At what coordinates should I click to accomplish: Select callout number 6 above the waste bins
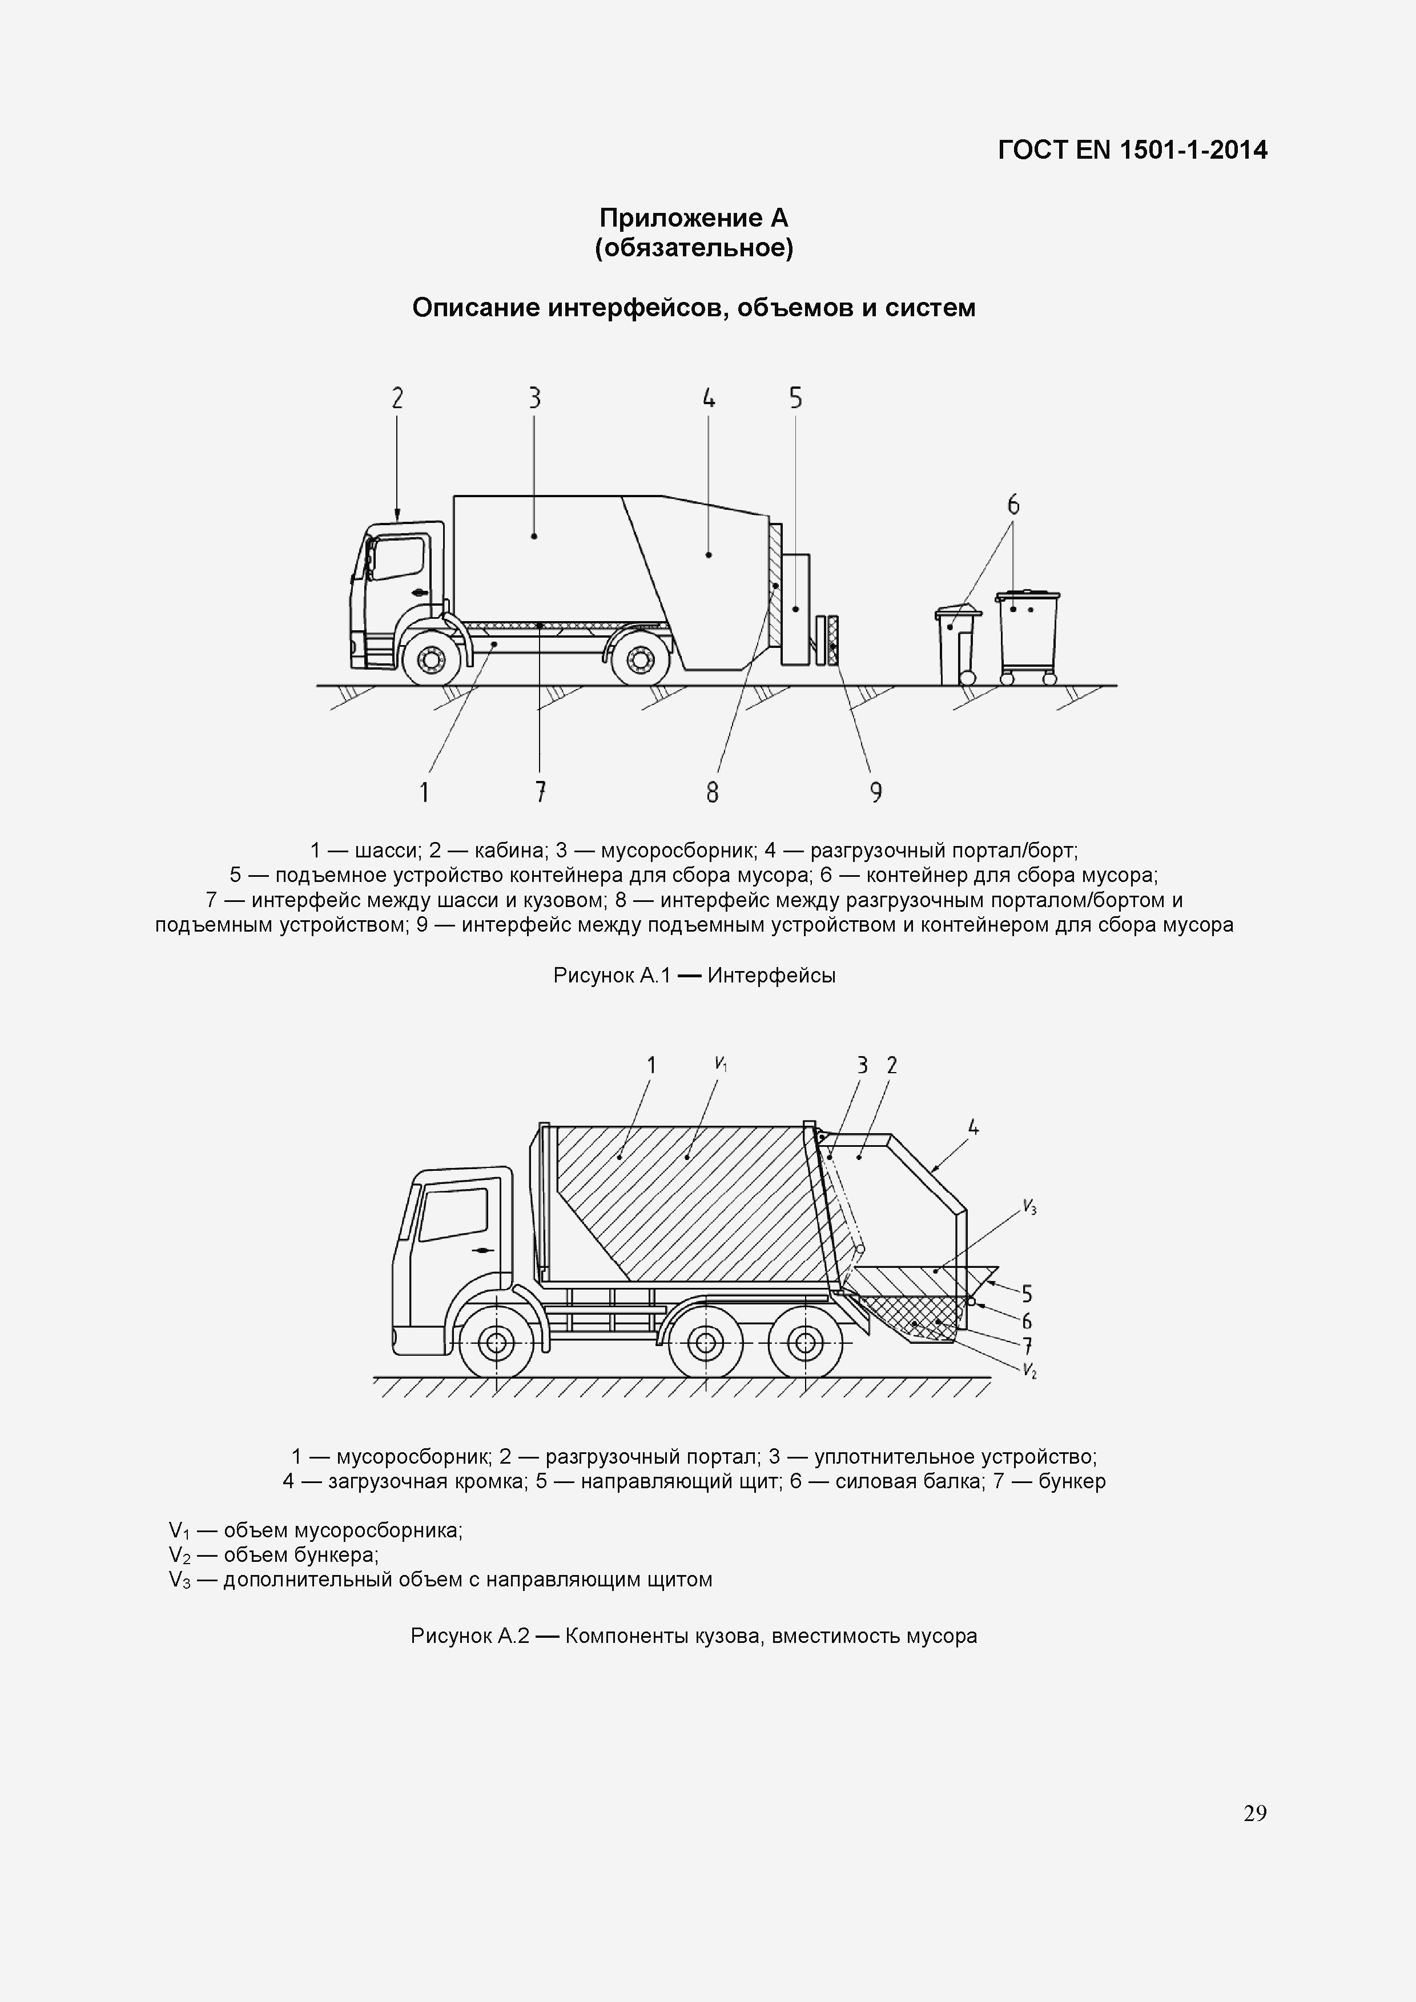point(1013,504)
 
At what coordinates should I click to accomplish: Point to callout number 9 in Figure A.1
point(875,792)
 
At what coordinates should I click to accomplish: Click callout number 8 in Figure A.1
point(713,792)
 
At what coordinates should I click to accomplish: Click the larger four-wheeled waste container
point(1028,635)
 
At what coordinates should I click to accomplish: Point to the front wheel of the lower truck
point(495,1343)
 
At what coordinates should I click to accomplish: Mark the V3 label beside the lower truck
point(1029,1209)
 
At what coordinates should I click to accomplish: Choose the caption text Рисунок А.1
point(611,975)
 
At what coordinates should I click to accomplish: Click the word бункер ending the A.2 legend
point(1072,1481)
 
